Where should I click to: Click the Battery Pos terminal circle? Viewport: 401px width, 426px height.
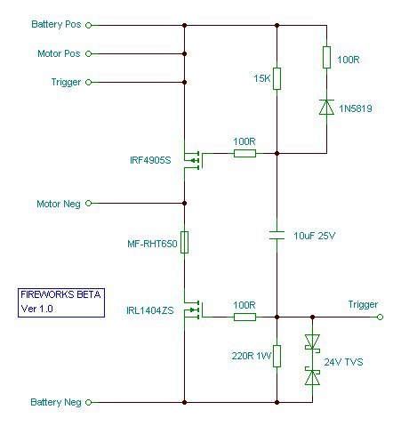click(88, 26)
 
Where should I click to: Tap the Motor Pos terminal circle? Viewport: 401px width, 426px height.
click(88, 53)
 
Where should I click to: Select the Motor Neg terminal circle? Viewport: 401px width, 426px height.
click(88, 203)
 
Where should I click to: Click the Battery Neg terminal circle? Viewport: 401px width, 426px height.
click(88, 402)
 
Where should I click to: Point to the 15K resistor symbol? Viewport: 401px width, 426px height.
click(277, 78)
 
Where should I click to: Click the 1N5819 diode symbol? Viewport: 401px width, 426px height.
click(326, 107)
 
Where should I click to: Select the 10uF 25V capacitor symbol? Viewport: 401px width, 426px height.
click(277, 236)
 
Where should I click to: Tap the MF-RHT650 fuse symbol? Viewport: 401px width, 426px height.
click(184, 242)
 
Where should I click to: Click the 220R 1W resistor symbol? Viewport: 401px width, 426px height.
click(277, 356)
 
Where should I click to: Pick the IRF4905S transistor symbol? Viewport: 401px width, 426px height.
click(193, 160)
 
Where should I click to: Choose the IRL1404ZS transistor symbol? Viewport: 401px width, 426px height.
click(193, 309)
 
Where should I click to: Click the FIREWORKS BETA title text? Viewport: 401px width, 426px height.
click(60, 294)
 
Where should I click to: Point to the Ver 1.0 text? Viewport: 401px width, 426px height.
click(37, 309)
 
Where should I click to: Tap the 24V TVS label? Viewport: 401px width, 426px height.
click(343, 362)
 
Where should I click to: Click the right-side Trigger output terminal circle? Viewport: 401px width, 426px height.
click(380, 317)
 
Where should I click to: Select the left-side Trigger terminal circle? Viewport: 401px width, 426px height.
click(88, 82)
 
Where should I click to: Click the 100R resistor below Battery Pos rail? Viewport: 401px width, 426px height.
click(326, 57)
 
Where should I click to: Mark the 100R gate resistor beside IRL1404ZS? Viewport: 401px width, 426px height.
click(245, 317)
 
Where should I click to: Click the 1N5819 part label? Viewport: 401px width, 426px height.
click(356, 109)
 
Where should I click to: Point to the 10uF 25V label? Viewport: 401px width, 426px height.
click(314, 236)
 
